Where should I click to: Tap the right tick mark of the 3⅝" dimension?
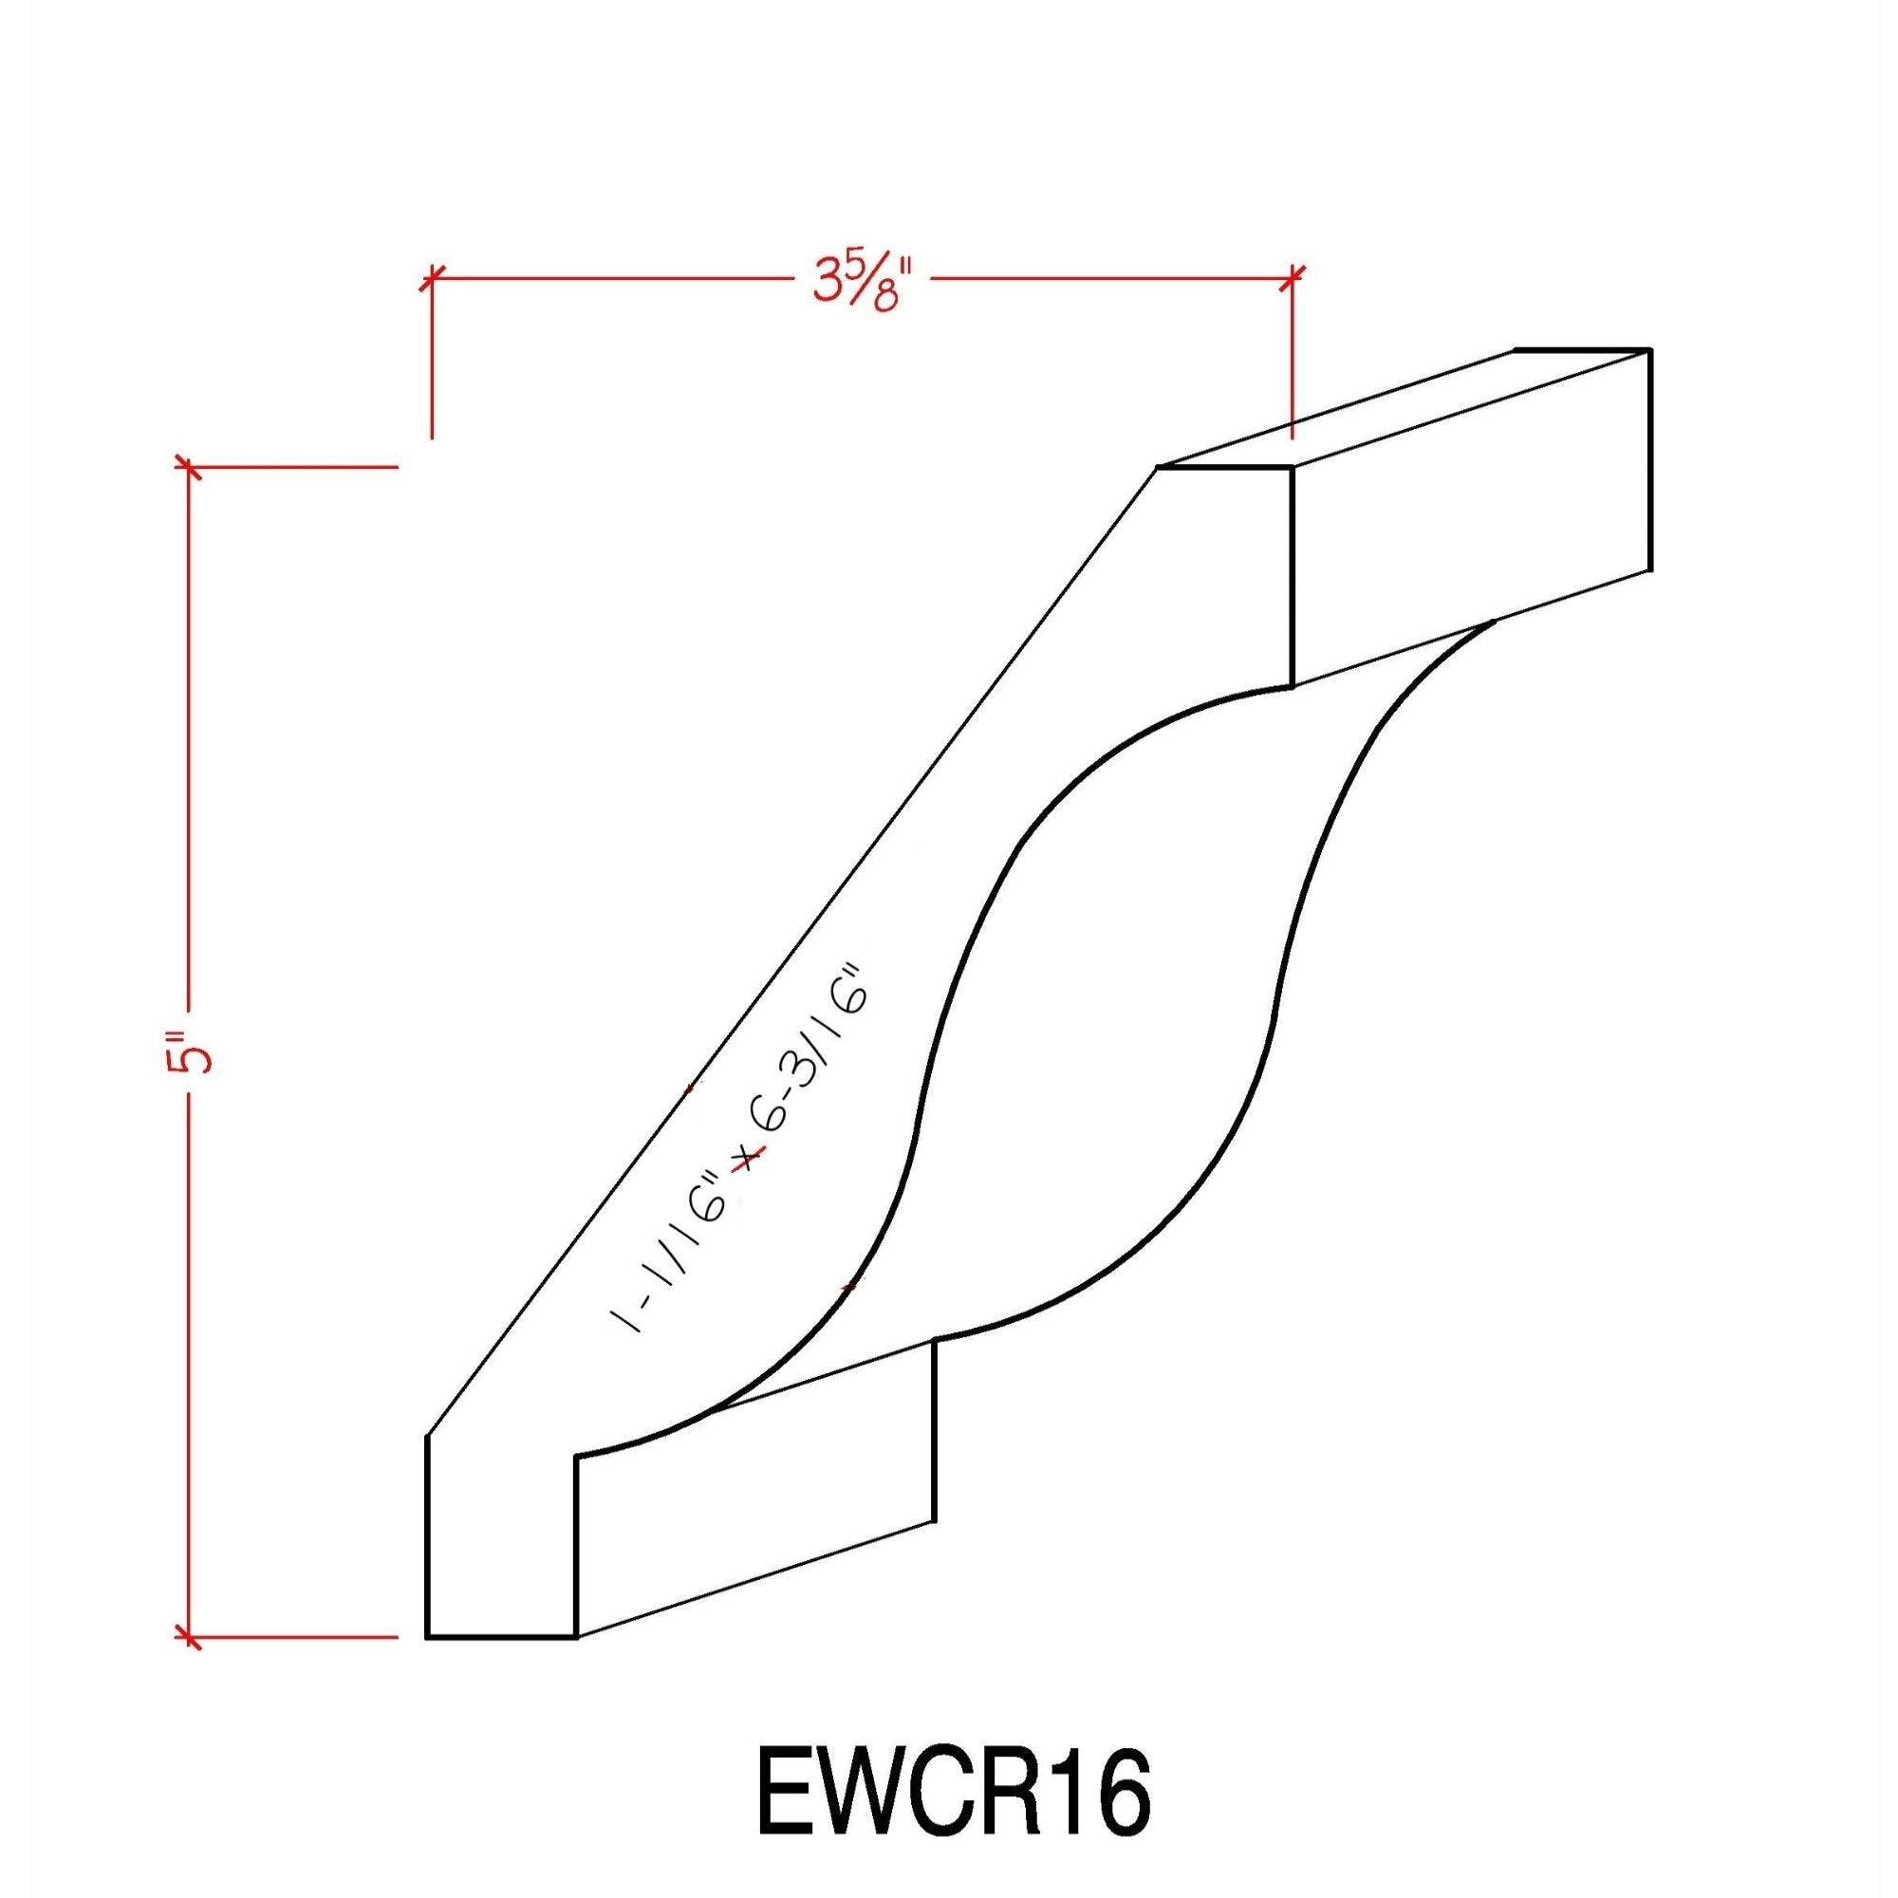click(x=1293, y=278)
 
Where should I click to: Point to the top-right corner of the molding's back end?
click(x=1648, y=350)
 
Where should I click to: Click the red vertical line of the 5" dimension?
click(x=188, y=786)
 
